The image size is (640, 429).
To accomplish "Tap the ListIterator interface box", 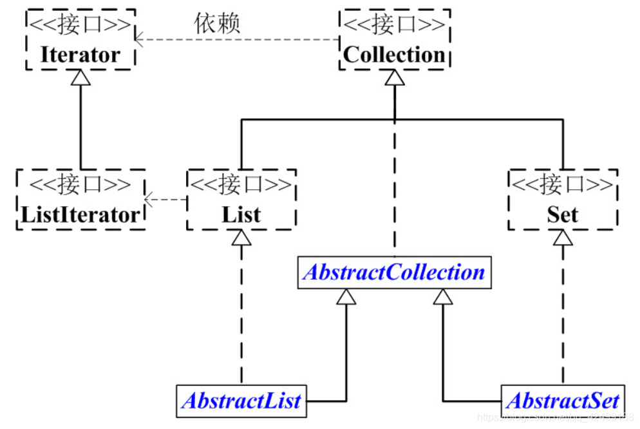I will [80, 200].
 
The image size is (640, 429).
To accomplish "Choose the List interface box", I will [241, 200].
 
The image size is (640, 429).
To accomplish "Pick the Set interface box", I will [563, 200].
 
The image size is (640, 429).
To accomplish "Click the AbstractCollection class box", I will [394, 272].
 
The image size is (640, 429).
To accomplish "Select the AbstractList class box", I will [241, 401].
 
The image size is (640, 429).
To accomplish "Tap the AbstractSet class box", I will [563, 401].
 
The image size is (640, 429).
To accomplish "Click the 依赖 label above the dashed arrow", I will [217, 23].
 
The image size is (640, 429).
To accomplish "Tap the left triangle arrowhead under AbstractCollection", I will [346, 296].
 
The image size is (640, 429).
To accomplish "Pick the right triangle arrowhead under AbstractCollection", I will [442, 296].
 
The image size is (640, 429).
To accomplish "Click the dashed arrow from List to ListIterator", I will [166, 199].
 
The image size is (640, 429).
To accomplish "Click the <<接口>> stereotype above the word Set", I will [563, 185].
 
